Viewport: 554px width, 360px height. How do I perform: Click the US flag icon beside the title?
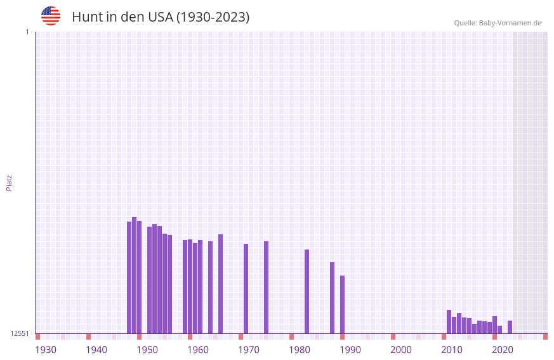(51, 16)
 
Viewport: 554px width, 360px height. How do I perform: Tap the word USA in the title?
(160, 17)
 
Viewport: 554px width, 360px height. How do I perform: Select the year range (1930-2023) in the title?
(213, 17)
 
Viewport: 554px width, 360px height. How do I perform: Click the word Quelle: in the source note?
(465, 23)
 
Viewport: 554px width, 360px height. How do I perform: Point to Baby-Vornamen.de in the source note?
(510, 23)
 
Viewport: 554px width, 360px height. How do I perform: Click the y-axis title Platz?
(9, 182)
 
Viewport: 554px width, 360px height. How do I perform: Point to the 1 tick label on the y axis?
(27, 32)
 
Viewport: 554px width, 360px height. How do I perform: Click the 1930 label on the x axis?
(46, 350)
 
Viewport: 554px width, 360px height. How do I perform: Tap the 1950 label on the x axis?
(147, 350)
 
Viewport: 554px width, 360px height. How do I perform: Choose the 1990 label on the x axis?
(350, 350)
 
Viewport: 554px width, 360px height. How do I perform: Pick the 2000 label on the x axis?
(401, 350)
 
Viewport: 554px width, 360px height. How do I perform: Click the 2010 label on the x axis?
(452, 350)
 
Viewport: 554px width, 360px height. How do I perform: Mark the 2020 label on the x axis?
(503, 350)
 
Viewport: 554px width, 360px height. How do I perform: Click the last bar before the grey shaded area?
(510, 327)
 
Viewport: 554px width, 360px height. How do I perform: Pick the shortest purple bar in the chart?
(500, 330)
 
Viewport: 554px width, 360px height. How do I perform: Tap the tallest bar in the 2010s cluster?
(449, 321)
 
